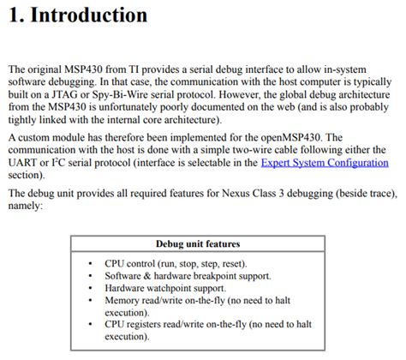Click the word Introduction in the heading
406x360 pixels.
click(x=89, y=15)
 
